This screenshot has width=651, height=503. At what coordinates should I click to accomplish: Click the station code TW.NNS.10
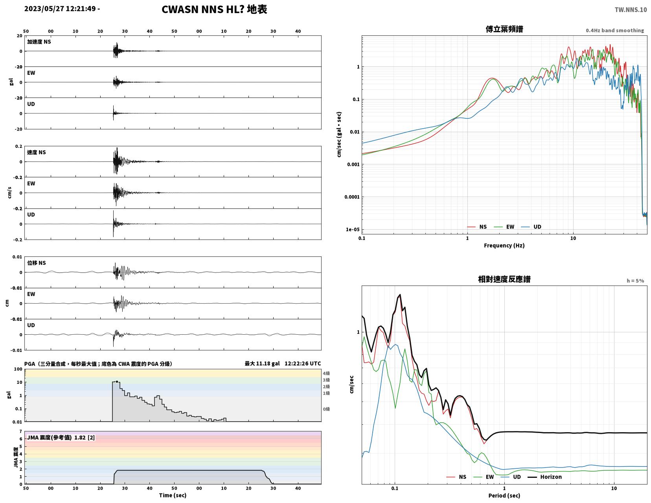point(630,9)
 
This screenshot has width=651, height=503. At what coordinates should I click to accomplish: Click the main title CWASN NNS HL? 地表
point(214,9)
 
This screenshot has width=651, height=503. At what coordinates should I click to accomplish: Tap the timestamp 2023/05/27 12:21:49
point(60,8)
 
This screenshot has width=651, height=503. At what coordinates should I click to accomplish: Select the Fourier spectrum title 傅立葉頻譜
point(504,29)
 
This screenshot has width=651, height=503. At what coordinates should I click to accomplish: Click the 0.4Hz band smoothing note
point(614,30)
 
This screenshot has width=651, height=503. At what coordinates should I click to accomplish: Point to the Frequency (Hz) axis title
point(504,245)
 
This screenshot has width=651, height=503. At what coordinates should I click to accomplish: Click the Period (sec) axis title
point(504,496)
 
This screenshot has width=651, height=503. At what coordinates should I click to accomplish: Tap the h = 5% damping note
point(635,281)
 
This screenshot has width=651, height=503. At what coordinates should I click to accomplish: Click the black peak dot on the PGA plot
point(117,381)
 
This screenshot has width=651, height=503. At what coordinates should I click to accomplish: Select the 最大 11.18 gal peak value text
point(262,363)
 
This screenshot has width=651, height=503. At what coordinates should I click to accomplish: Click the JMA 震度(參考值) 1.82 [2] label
point(61,437)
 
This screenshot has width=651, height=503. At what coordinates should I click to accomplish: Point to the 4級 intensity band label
point(326,373)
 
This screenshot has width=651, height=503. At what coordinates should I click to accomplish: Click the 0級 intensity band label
point(326,409)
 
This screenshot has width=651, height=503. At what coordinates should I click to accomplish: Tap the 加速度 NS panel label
point(39,42)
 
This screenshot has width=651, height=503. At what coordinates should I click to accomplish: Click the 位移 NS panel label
point(36,263)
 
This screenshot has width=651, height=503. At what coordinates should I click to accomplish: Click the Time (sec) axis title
point(173,495)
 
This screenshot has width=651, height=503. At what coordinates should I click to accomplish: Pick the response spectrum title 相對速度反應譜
point(504,279)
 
